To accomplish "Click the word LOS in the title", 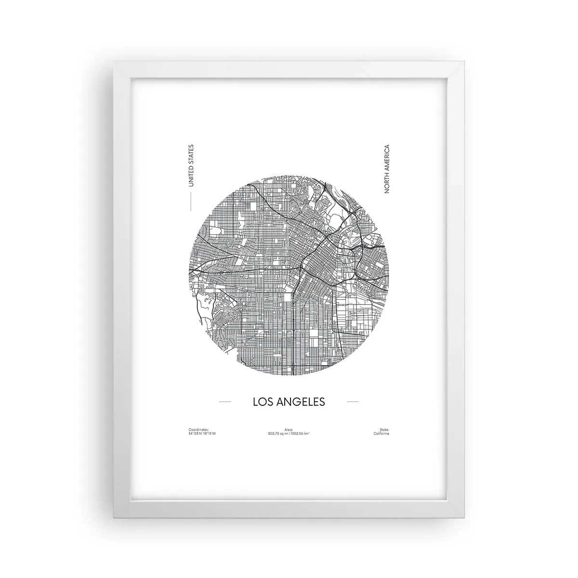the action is click(263, 401).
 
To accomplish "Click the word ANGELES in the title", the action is click(300, 401).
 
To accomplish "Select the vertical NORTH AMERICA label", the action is click(386, 169).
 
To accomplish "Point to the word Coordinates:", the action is click(198, 429).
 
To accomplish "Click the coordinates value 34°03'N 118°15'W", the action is click(203, 433).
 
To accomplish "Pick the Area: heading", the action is click(289, 429).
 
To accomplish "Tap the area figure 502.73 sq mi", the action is click(277, 433).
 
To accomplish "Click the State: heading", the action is click(384, 429).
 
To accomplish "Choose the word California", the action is click(381, 433).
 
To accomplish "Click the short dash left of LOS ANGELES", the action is click(225, 401).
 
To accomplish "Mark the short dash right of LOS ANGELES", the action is click(353, 401).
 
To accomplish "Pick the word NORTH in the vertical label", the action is click(386, 184).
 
